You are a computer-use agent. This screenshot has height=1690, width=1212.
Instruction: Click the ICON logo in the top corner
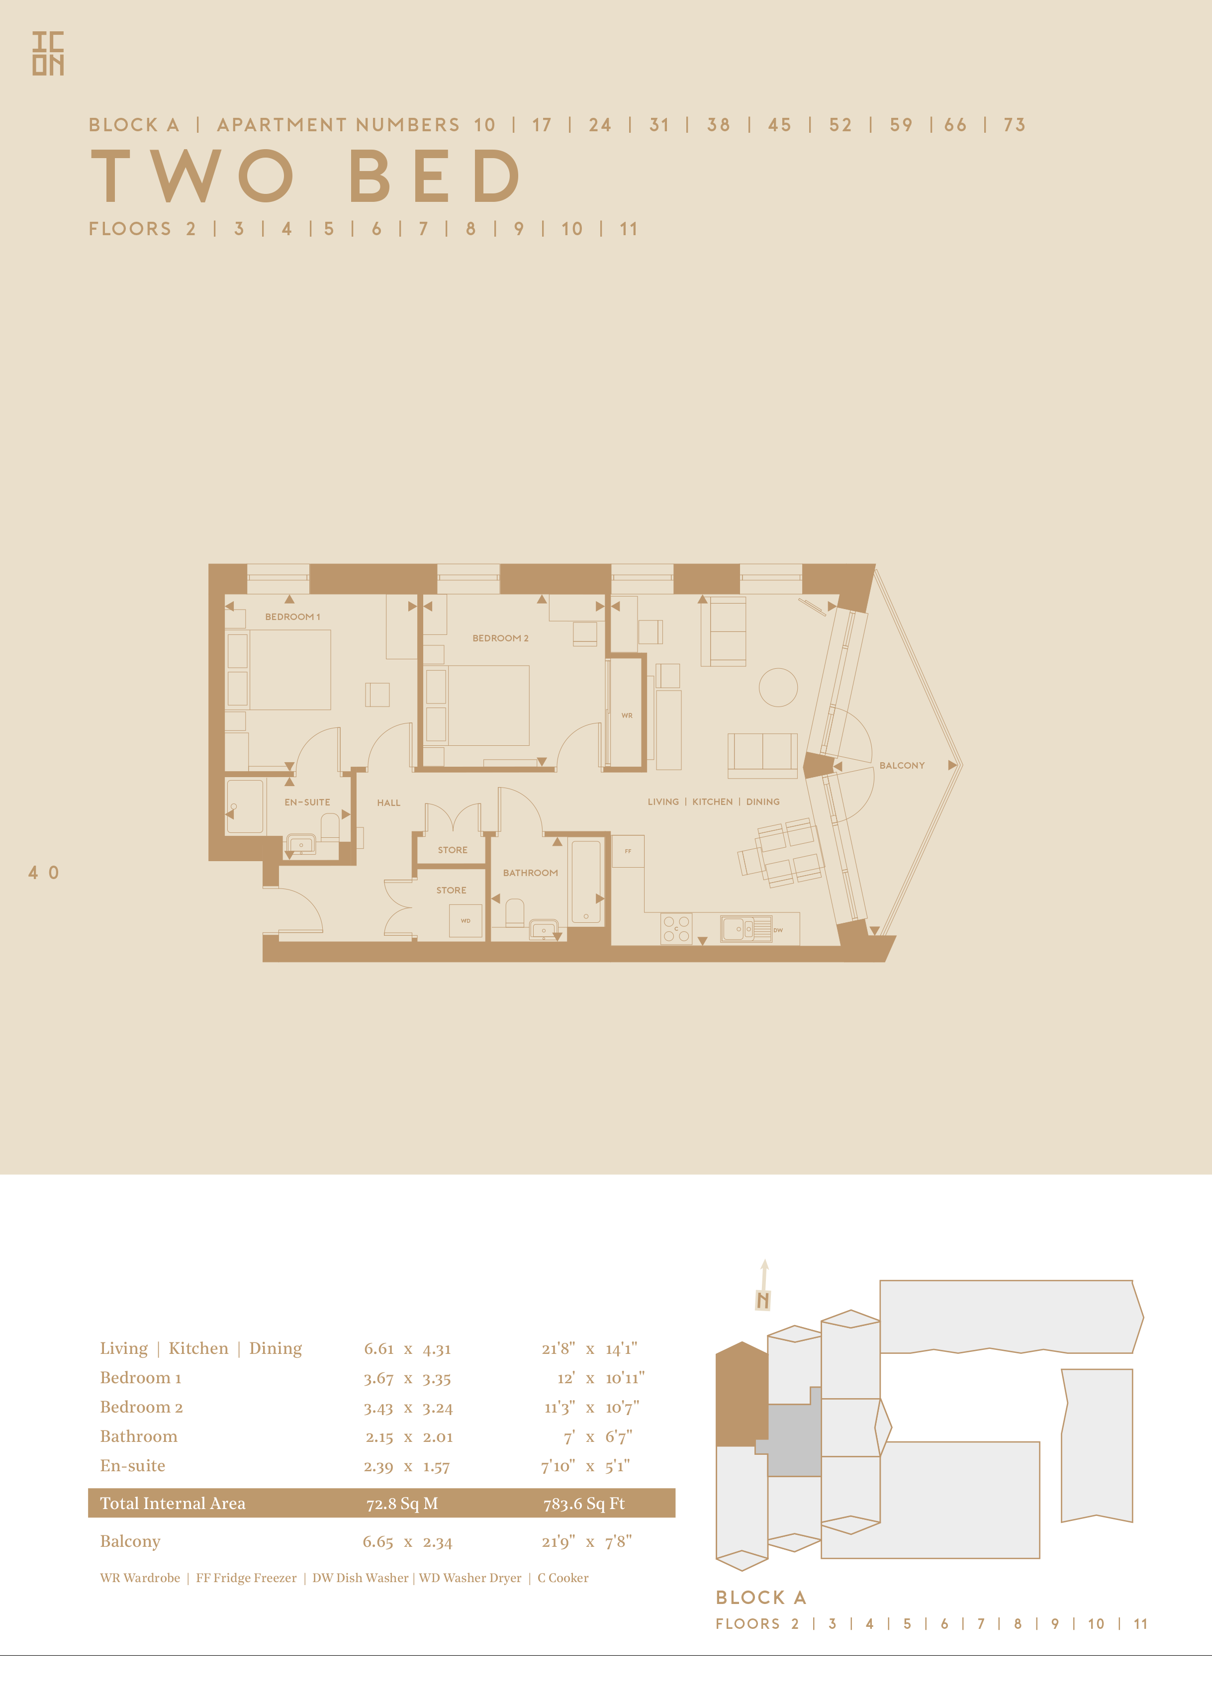(x=48, y=54)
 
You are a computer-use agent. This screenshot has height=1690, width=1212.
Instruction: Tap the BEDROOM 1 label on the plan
(x=292, y=617)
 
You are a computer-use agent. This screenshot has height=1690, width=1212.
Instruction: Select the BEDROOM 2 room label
(x=500, y=638)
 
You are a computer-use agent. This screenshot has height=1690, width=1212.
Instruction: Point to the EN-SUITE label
(x=307, y=802)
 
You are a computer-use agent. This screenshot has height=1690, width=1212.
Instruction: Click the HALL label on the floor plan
(x=388, y=803)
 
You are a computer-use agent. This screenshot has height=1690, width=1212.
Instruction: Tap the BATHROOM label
(x=530, y=873)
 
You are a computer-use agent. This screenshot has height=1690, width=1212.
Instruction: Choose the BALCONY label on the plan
(x=902, y=766)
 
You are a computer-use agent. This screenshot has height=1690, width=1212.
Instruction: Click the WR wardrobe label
(x=627, y=716)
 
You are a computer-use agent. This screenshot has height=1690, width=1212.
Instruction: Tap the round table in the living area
(x=778, y=687)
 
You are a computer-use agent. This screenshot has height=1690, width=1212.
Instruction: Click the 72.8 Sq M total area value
(x=402, y=1504)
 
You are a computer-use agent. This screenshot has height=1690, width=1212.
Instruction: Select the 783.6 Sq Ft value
(x=584, y=1504)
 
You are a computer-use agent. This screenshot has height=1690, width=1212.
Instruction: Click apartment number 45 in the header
(x=780, y=125)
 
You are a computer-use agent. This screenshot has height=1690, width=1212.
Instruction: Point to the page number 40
(x=43, y=873)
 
